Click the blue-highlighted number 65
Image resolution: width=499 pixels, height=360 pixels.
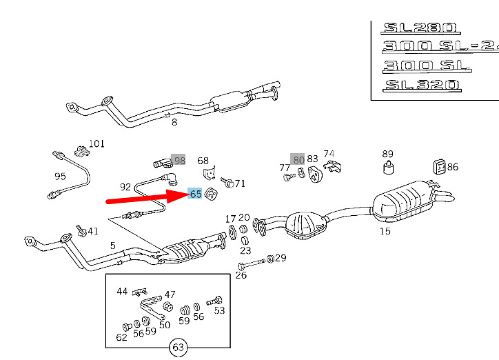tap(196, 193)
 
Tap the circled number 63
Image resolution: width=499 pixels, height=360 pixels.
tap(178, 348)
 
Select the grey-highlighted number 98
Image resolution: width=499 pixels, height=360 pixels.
tap(179, 160)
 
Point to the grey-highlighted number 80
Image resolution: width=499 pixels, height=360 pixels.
tap(297, 159)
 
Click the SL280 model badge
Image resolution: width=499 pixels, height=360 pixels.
tap(420, 28)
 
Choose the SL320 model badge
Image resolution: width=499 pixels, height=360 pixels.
tap(422, 86)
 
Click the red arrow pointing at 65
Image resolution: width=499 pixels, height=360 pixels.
tap(147, 197)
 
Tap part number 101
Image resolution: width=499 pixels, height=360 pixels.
tap(96, 143)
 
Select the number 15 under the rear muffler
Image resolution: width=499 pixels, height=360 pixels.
tap(385, 231)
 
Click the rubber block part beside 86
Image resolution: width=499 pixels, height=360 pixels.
tap(440, 167)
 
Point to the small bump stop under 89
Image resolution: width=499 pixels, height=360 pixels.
tap(388, 168)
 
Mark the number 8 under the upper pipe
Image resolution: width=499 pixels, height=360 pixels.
tap(174, 122)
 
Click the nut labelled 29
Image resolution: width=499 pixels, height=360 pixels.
tap(270, 259)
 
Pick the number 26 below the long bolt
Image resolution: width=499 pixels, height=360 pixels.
tap(241, 275)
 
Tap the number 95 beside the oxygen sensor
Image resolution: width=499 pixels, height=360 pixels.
tap(60, 176)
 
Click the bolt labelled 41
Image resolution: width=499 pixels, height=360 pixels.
tap(81, 231)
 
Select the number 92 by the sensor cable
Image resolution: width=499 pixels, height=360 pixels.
tap(125, 187)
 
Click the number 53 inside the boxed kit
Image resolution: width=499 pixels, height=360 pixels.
tap(219, 310)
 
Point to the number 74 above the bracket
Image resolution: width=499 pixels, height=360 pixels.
tap(329, 154)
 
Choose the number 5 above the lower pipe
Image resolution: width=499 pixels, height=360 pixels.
tap(112, 246)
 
